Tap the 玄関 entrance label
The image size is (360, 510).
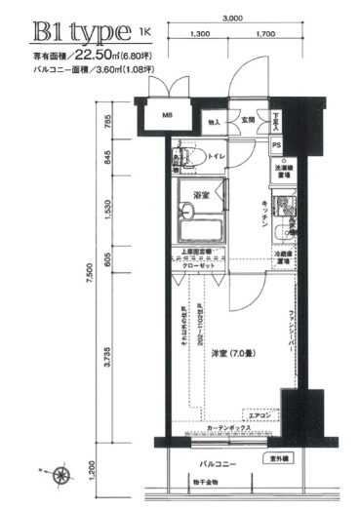[248, 121]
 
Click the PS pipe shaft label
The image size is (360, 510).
[277, 145]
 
